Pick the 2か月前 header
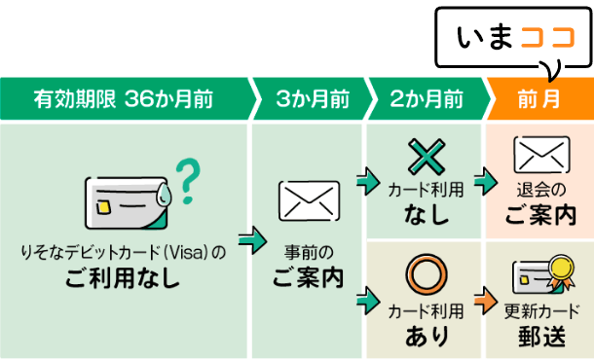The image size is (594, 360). click(x=427, y=99)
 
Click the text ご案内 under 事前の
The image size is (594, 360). click(x=309, y=276)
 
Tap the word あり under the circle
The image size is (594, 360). click(x=426, y=337)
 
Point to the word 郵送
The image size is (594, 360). click(x=541, y=337)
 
